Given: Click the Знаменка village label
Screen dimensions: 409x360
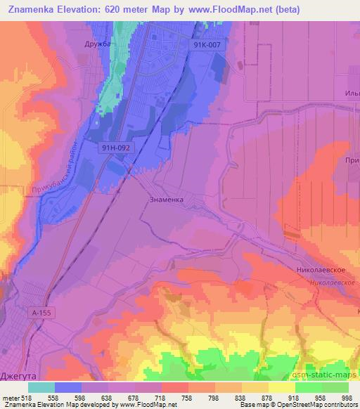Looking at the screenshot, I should (x=167, y=200).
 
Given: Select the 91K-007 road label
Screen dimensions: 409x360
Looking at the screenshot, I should (x=208, y=44).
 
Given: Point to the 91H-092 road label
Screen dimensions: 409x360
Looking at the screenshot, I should (x=114, y=148).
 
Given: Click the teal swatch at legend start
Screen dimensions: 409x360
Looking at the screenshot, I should (x=41, y=387).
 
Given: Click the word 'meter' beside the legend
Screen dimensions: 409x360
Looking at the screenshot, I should (x=11, y=397).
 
